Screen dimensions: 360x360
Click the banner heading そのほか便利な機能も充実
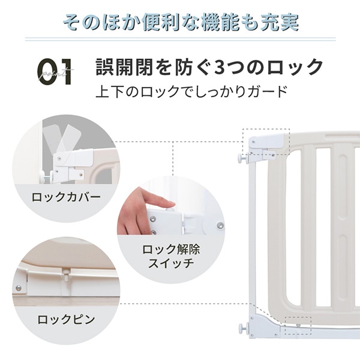181,22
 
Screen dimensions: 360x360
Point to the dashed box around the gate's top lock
266,145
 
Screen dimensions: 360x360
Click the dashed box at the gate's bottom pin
298,324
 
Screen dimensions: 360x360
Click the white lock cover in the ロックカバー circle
75,160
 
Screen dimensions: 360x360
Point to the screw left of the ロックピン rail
19,289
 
